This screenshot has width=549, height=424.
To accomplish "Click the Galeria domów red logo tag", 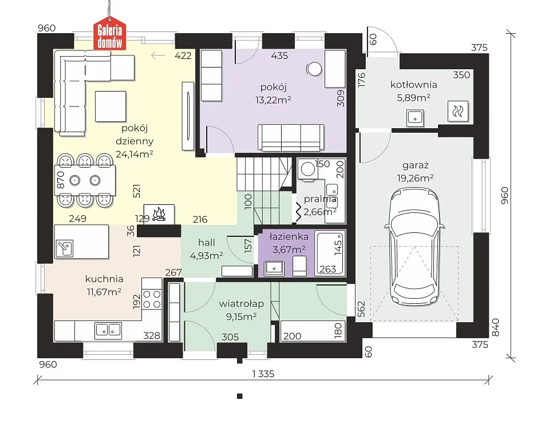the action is pos(109,34).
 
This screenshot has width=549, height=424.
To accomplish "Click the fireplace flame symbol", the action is pos(159,214).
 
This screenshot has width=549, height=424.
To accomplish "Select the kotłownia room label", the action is pos(413,85).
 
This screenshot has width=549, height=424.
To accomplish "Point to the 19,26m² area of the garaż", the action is pos(415,178).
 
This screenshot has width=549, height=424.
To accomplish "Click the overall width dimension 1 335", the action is pos(263,374).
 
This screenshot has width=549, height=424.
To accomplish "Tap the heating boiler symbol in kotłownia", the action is pos(458,112).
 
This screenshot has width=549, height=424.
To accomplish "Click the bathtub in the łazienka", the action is pos(330,253).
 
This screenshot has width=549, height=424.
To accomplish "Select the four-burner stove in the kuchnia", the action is pos(152,294).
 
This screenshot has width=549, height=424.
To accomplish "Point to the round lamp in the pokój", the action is pos(314,69).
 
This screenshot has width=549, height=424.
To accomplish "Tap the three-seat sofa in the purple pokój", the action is pos(291,137).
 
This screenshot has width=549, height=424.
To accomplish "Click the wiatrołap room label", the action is pos(241,304).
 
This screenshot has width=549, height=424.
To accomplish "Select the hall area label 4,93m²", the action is pos(207,256).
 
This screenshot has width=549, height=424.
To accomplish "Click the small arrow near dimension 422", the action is pos(158,55).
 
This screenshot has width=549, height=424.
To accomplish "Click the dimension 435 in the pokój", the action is pos(279,56).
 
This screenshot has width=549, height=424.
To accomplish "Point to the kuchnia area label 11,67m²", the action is pos(104,292).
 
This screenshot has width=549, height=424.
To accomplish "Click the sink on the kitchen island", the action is pos(64,248).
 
